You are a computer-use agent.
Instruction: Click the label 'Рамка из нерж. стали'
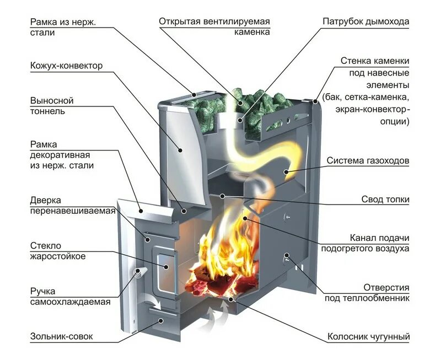point(61,27)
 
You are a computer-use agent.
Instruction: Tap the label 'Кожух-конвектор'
point(66,66)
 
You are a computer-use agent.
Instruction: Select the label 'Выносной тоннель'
point(52,106)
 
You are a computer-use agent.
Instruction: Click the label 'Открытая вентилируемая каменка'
point(214,27)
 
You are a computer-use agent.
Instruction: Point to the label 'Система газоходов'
point(368,161)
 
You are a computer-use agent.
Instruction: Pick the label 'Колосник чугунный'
point(369,336)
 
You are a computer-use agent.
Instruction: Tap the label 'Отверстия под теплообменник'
point(374,293)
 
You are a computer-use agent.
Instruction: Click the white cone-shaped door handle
point(141,272)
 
